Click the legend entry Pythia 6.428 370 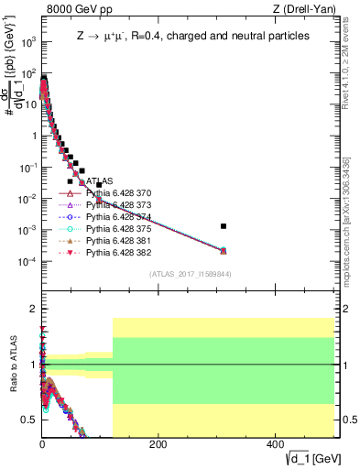115,194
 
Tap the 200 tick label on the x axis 158,444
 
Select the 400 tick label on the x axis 274,444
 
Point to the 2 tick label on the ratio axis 33,308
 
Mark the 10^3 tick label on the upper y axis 28,42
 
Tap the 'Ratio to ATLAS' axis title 12,365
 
